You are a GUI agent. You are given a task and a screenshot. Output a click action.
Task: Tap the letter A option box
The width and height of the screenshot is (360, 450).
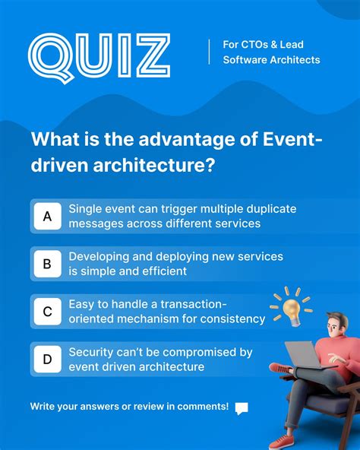pyautogui.click(x=47, y=217)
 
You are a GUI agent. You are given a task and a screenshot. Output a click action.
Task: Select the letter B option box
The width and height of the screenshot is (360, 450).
pyautogui.click(x=47, y=265)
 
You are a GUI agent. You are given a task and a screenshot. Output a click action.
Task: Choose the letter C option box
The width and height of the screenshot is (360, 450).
pyautogui.click(x=47, y=312)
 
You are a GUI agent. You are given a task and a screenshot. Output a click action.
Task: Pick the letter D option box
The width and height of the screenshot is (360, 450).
pyautogui.click(x=47, y=360)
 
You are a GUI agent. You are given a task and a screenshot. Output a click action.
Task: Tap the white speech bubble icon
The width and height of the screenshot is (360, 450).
pyautogui.click(x=242, y=408)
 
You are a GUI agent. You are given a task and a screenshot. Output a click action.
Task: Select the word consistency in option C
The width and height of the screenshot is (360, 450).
pyautogui.click(x=229, y=318)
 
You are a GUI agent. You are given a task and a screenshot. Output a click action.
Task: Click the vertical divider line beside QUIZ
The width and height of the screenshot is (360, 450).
pyautogui.click(x=210, y=52)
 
